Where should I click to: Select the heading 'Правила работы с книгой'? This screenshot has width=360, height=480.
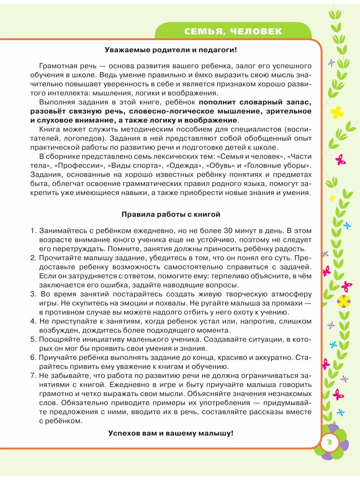[x=171, y=214]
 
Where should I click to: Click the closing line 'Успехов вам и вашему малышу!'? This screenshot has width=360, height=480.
[x=171, y=433]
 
